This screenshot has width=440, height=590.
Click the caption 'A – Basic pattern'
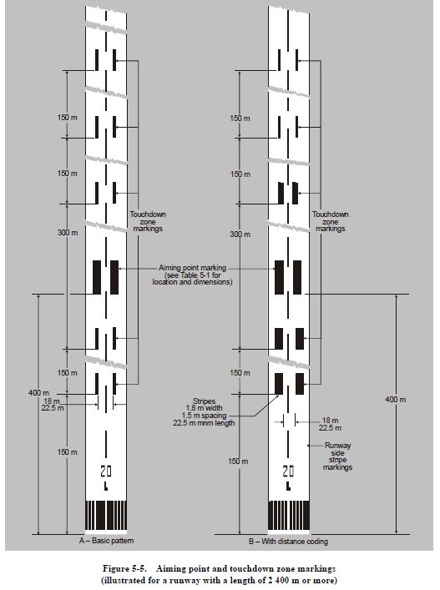point(106,541)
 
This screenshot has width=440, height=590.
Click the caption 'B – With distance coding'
point(288,542)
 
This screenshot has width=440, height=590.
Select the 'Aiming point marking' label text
point(192,268)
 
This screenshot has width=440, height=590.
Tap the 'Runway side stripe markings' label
point(337,456)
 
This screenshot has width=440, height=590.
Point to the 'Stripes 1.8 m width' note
point(204,405)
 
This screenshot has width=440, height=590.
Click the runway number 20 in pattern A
point(106,471)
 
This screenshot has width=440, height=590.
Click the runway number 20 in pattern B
point(288,471)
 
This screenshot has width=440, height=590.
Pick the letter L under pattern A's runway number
point(106,487)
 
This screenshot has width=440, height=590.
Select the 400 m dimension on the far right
point(395,400)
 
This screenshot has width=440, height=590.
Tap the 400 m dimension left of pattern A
point(38,393)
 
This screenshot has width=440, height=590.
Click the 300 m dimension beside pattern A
point(68,233)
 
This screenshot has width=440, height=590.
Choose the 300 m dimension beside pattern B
point(240,234)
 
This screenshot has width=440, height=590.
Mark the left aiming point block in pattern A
point(97,277)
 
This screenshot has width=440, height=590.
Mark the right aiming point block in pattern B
point(297,277)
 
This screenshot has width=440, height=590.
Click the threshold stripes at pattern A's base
point(106,515)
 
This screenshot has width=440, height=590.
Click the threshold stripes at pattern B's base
point(289,515)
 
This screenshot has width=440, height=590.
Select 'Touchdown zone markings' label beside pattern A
point(148,221)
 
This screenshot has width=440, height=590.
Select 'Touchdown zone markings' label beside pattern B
point(331,221)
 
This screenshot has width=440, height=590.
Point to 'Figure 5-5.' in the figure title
point(124,568)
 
